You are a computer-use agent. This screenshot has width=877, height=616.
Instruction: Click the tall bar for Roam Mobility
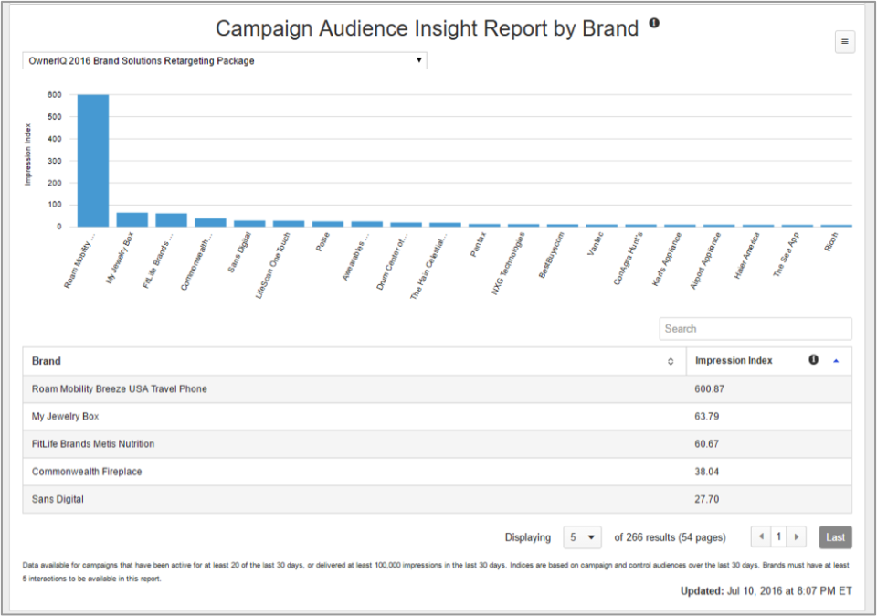[x=92, y=160]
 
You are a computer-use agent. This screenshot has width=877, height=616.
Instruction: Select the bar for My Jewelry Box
[x=132, y=219]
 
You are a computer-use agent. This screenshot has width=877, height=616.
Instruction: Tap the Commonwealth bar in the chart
[x=210, y=222]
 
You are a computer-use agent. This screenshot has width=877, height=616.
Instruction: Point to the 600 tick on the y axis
[x=55, y=94]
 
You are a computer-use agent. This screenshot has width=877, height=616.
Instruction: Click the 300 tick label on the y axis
[x=55, y=161]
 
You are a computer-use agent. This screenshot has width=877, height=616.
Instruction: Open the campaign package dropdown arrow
[x=418, y=60]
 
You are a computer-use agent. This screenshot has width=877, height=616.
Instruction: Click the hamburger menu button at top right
[x=845, y=41]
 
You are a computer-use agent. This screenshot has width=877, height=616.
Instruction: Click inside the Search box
[x=755, y=329]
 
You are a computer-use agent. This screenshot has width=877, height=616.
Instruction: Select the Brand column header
[x=48, y=361]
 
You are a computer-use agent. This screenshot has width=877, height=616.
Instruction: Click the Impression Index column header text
[x=734, y=361]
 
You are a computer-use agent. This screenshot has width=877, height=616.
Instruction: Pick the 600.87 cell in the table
[x=710, y=389]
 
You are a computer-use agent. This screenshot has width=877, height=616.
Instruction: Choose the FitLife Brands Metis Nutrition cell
[x=93, y=444]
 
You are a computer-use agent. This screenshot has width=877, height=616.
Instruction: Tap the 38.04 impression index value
[x=707, y=472]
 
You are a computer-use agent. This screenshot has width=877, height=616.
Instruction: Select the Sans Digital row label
[x=62, y=500]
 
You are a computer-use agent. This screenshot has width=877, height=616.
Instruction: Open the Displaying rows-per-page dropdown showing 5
[x=582, y=537]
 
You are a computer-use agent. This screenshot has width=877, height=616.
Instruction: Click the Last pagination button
[x=835, y=537]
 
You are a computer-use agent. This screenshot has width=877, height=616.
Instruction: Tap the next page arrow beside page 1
[x=798, y=537]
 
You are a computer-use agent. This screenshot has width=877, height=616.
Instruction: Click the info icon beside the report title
[x=654, y=23]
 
